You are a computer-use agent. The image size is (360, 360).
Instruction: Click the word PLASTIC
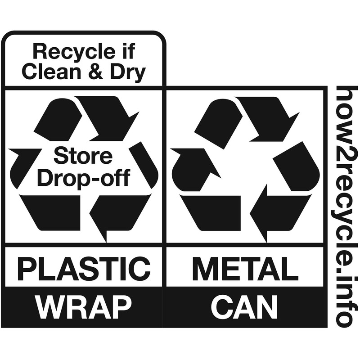(x=84, y=269)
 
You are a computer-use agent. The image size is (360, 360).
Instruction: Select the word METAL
(x=246, y=269)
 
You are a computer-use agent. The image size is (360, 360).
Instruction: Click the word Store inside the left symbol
(x=83, y=157)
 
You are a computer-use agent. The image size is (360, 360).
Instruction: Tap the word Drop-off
(x=83, y=178)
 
